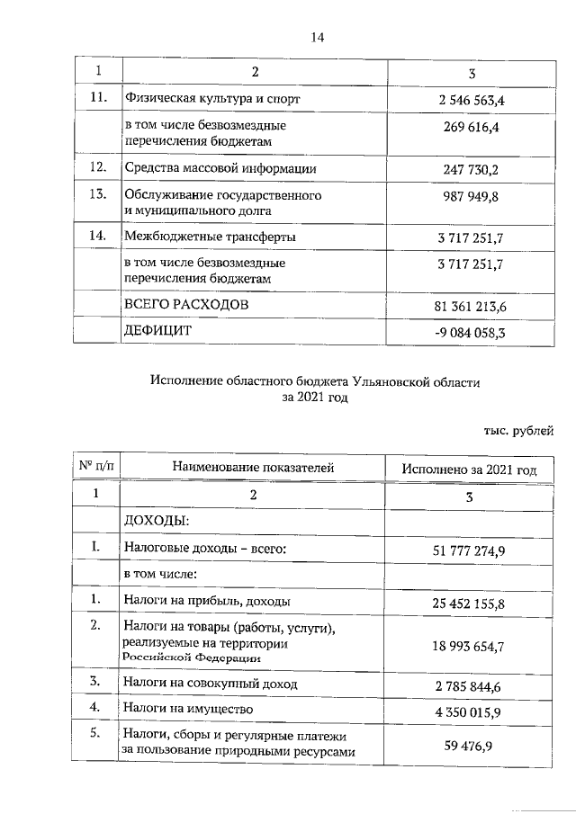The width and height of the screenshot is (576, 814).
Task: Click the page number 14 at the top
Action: click(316, 37)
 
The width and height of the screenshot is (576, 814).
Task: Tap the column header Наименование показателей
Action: click(253, 468)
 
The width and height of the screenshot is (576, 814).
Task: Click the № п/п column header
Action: click(96, 467)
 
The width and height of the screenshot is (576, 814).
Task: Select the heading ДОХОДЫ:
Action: click(156, 520)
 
